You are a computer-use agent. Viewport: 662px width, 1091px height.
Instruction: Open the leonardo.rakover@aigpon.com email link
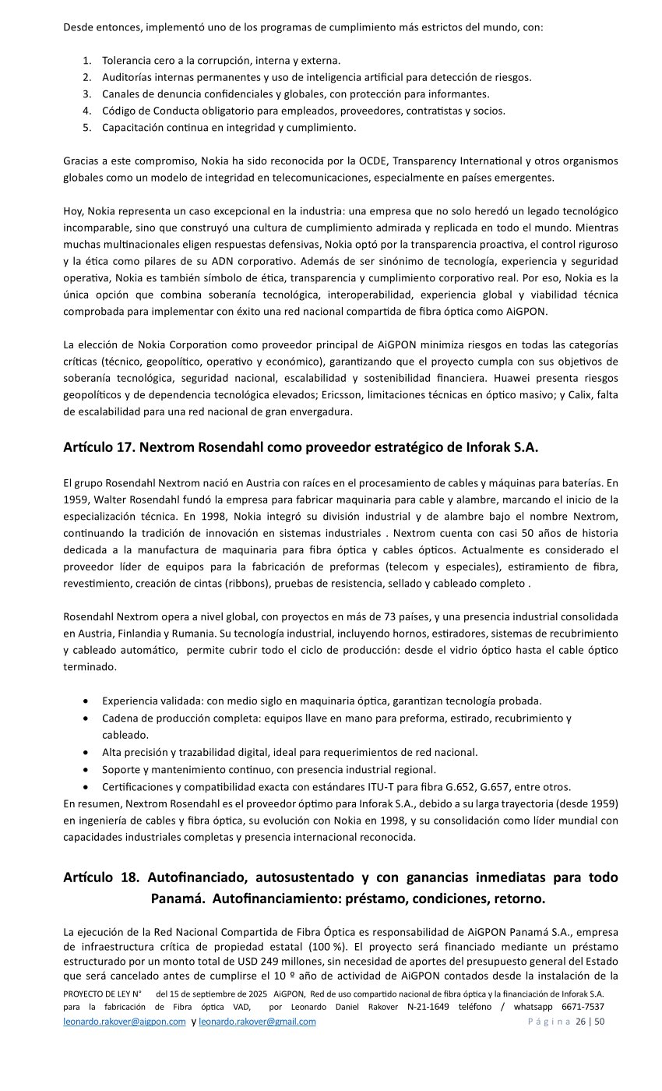coord(124,1022)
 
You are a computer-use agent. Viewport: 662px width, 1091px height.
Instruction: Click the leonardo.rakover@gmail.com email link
coord(257,1022)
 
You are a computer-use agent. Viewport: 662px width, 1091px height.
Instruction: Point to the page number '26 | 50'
coord(590,1022)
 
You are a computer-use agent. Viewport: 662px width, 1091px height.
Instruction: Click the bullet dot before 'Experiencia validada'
coord(84,701)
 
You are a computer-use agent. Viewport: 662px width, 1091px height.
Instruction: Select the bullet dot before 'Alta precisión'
coord(84,753)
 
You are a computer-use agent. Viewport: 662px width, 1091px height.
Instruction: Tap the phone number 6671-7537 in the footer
coord(583,1007)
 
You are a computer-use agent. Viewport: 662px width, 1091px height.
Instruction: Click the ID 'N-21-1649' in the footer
coord(428,1007)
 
